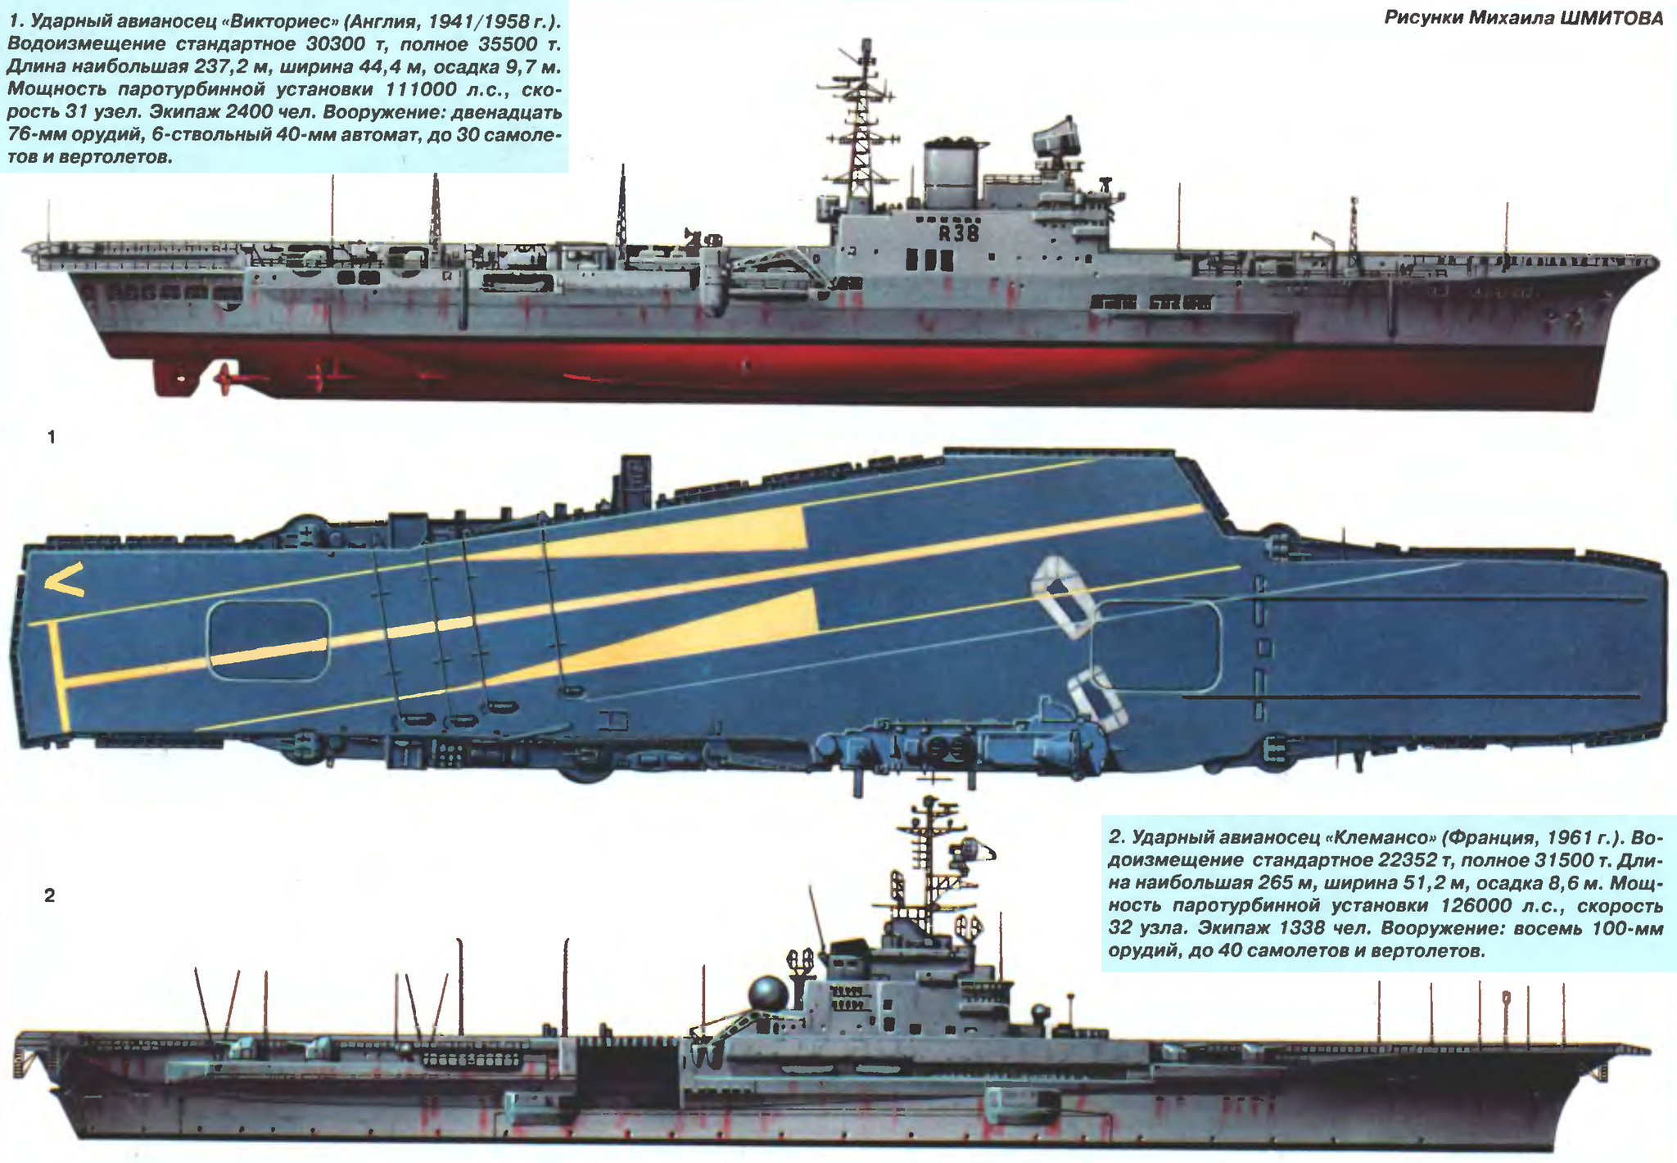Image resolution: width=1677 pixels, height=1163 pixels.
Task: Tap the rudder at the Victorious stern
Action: coord(173,377)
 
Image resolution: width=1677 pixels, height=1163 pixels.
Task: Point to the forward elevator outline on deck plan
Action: coord(1156,646)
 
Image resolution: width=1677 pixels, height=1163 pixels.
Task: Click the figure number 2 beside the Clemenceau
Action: coord(50,895)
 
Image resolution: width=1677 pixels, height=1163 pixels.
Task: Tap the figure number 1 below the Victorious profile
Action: coord(52,437)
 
